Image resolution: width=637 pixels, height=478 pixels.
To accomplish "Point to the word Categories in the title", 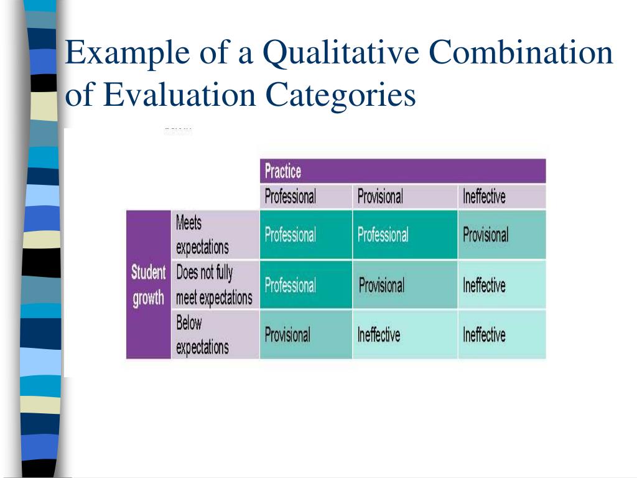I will click(341, 96).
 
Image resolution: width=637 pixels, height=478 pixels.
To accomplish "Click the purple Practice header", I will click(402, 171).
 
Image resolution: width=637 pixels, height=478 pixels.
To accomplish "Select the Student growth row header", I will click(148, 285).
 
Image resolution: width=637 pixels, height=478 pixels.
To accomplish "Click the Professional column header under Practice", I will click(291, 197).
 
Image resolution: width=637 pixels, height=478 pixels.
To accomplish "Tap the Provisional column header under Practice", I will click(380, 197).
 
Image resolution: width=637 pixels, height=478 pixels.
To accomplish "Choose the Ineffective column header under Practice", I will click(484, 197).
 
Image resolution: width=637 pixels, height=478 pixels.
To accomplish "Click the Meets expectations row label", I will click(202, 235).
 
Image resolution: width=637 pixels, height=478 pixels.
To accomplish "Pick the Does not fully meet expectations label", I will click(214, 285).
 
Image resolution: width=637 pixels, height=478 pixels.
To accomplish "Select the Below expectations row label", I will click(202, 335).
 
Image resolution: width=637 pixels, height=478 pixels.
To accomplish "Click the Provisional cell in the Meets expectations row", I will click(485, 235).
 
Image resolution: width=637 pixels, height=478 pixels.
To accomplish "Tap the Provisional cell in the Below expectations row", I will click(287, 335).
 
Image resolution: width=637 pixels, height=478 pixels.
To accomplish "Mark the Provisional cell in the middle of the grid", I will click(381, 286).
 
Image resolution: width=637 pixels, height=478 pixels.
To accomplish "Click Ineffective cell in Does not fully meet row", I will click(484, 286).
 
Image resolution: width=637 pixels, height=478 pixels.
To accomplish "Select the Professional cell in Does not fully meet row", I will click(291, 286).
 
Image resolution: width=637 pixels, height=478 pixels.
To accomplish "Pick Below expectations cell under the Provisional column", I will click(379, 335).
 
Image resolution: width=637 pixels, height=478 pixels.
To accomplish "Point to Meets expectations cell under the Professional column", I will click(291, 235).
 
